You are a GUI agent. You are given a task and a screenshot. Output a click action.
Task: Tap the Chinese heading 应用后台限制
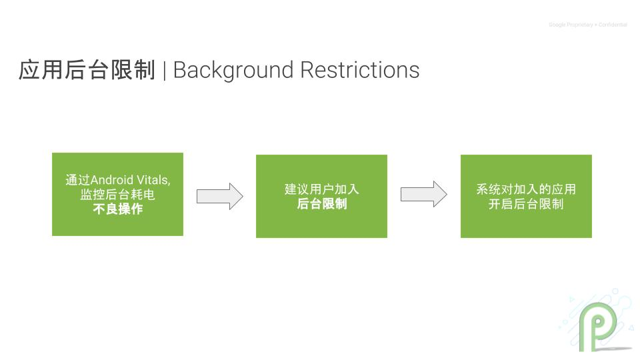pyautogui.click(x=87, y=70)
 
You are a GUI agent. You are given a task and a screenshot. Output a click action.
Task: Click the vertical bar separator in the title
pyautogui.click(x=164, y=71)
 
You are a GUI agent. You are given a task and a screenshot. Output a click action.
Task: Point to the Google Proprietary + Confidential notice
pyautogui.click(x=587, y=25)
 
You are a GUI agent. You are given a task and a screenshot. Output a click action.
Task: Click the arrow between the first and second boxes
pyautogui.click(x=219, y=196)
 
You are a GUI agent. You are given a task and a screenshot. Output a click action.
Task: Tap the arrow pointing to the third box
pyautogui.click(x=423, y=194)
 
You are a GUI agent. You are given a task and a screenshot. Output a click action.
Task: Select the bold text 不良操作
pyautogui.click(x=117, y=209)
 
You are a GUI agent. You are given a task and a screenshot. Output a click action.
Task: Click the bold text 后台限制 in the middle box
pyautogui.click(x=321, y=204)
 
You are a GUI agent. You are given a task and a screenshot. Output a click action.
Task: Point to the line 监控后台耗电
pyautogui.click(x=117, y=195)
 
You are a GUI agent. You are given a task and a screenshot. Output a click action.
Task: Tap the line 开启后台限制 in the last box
pyautogui.click(x=526, y=204)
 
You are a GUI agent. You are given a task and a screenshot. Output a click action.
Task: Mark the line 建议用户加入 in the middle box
pyautogui.click(x=321, y=189)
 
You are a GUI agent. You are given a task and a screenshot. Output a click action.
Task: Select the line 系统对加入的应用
pyautogui.click(x=526, y=189)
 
